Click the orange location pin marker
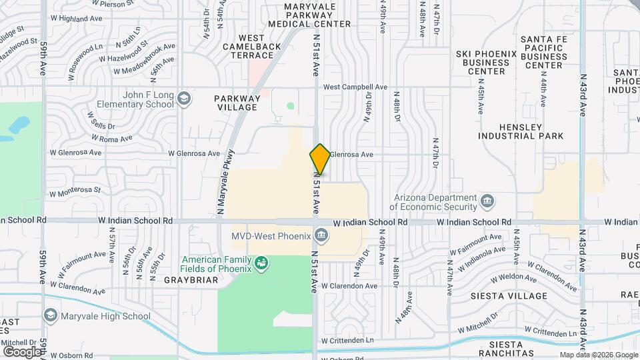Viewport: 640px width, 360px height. [320, 159]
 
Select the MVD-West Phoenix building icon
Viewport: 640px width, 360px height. [321, 235]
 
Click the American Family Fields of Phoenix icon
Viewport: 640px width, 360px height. [261, 263]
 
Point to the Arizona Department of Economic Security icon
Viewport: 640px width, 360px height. [487, 200]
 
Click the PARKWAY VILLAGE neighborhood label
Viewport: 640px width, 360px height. [236, 103]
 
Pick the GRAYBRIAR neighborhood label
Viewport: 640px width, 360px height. [182, 281]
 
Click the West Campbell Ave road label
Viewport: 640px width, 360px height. [355, 87]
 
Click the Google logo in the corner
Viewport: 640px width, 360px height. [21, 351]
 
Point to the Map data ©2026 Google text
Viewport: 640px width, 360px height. [597, 355]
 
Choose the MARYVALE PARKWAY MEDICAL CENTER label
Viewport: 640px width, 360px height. [309, 15]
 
